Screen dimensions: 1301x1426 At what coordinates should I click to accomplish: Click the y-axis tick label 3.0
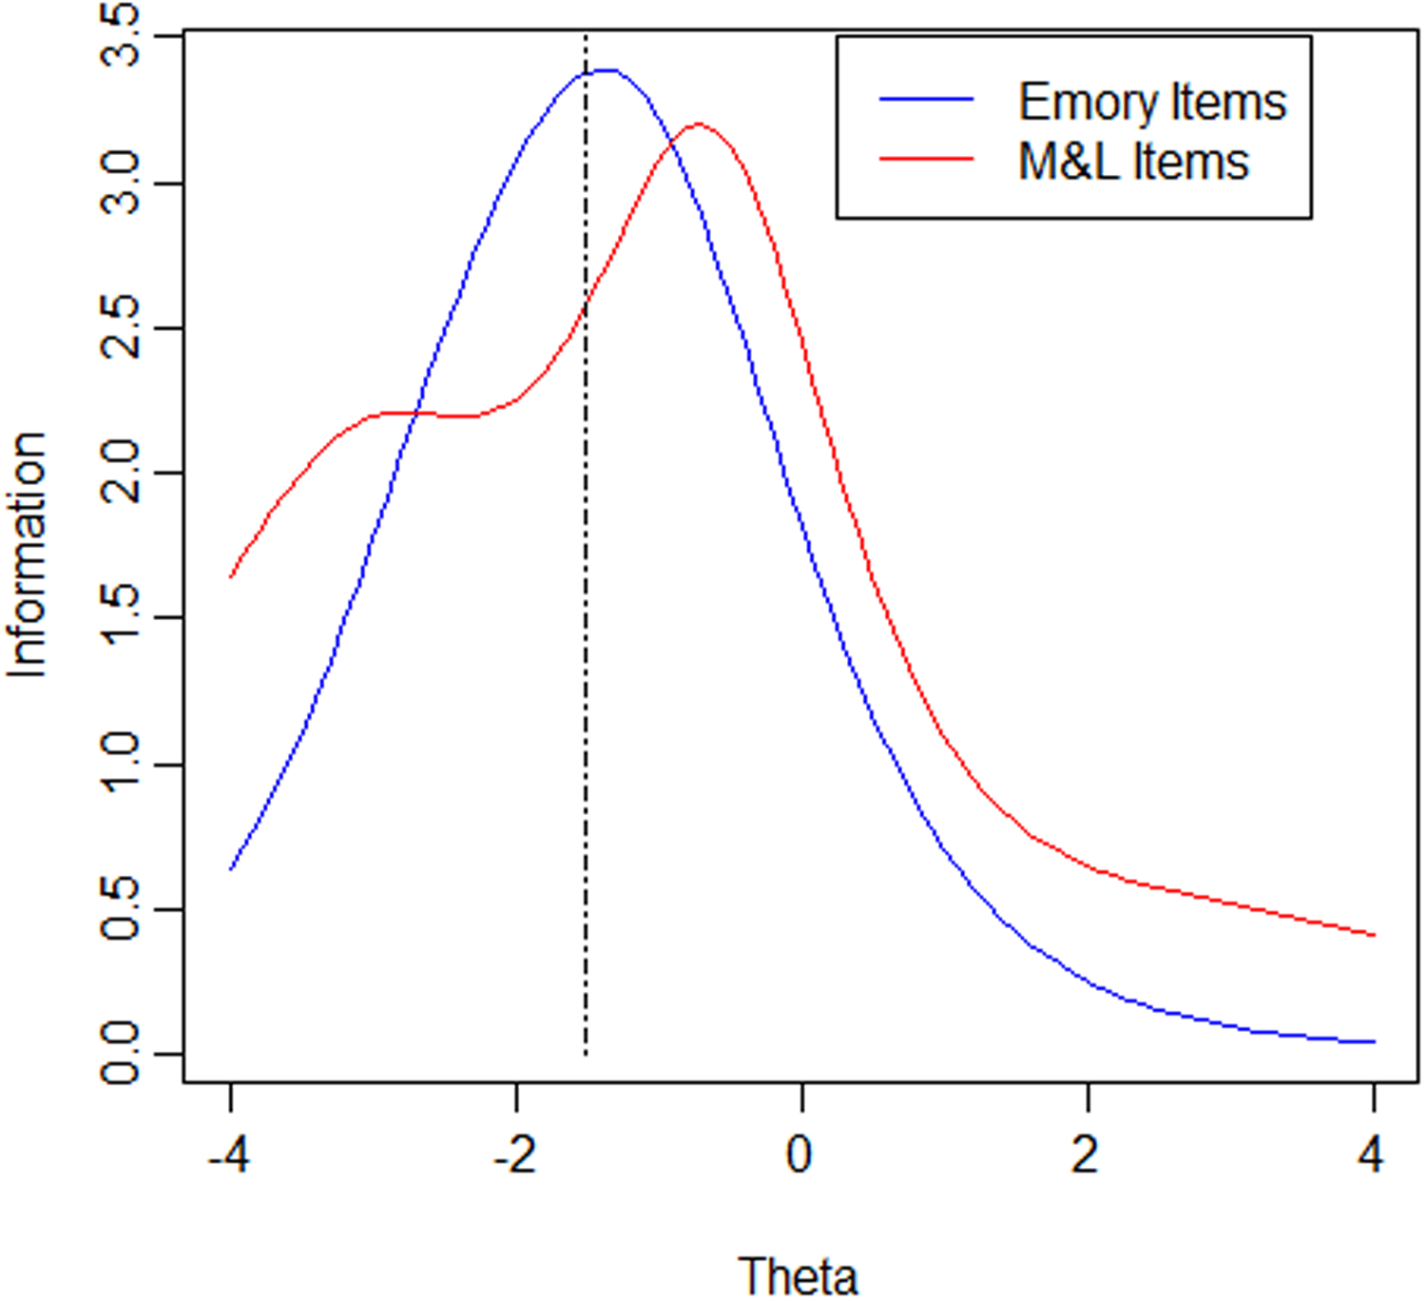pos(120,183)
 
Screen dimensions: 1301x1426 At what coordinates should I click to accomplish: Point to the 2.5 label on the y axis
pos(120,328)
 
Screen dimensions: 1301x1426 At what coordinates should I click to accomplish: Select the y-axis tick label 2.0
pos(120,474)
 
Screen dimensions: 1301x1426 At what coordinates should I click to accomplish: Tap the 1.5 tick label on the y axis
pos(120,618)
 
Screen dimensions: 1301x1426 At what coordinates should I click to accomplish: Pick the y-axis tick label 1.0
pos(120,765)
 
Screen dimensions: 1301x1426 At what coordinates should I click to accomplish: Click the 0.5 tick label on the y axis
pos(120,910)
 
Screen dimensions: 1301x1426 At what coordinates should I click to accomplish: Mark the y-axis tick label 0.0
pos(120,1055)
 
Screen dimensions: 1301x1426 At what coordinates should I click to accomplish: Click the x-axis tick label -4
pos(229,1155)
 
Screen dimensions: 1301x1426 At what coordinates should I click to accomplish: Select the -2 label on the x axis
pos(514,1155)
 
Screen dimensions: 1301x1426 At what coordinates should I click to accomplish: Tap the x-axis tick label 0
pos(800,1155)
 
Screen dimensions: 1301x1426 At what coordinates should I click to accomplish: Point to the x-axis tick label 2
pos(1087,1155)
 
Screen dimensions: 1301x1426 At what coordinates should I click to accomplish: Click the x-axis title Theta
pos(799,1275)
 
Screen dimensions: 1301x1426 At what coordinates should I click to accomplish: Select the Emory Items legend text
pos(1152,102)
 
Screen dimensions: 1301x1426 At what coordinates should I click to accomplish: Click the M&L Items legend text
pos(1133,162)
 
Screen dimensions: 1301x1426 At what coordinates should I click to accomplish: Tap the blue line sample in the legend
pos(927,99)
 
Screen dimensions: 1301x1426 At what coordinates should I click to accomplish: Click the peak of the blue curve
pos(606,69)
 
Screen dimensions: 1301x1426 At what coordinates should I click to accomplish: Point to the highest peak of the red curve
pos(699,124)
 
